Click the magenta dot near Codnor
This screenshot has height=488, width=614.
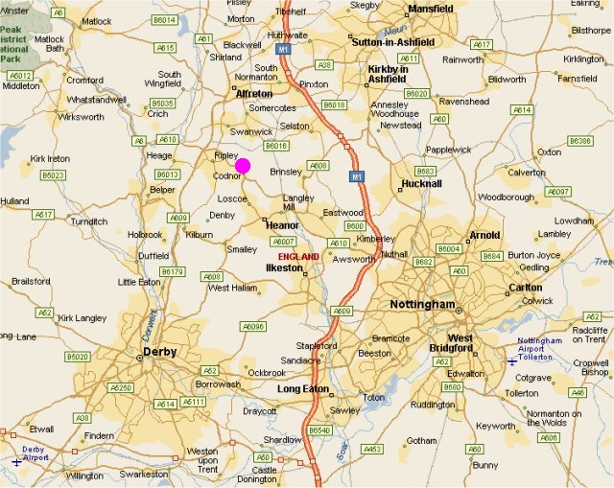coord(243,166)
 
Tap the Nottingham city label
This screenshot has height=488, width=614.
coord(421,304)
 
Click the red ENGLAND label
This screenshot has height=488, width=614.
coord(298,257)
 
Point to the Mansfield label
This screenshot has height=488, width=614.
coord(431,9)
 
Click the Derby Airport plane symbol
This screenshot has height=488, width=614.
coord(16,461)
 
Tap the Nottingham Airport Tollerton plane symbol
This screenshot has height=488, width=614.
coord(511,360)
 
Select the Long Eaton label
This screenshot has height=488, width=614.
coord(302,389)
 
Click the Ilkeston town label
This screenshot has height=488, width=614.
coord(284,268)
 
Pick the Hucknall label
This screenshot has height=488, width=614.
coord(421,183)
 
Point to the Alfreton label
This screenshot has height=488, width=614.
coord(254,93)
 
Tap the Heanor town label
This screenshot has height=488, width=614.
coord(282,224)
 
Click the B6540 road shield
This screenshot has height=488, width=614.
coord(319,431)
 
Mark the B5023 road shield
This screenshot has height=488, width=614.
coord(53,175)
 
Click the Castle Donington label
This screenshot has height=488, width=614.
coord(264,476)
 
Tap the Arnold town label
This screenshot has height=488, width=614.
coord(484,235)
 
